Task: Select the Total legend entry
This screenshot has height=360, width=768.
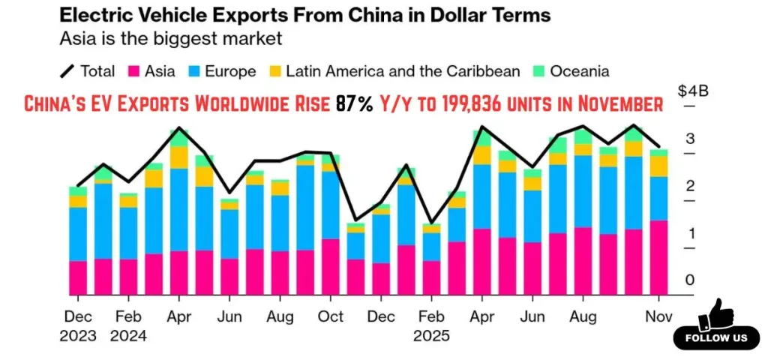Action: click(88, 72)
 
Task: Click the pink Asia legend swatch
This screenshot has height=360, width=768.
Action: click(136, 72)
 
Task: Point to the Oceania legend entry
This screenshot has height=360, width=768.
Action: click(569, 72)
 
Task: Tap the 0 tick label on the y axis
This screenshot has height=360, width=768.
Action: click(689, 280)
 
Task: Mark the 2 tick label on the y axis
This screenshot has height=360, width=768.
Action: click(689, 186)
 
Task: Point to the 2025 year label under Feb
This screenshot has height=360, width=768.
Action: click(431, 336)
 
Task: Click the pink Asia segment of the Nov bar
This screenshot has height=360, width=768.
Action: click(658, 257)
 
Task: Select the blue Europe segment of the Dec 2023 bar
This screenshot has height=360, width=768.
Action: click(78, 234)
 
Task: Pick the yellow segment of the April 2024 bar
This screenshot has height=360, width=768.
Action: click(178, 157)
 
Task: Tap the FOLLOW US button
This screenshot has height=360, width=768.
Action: click(716, 338)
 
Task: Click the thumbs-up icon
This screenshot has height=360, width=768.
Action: click(715, 313)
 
